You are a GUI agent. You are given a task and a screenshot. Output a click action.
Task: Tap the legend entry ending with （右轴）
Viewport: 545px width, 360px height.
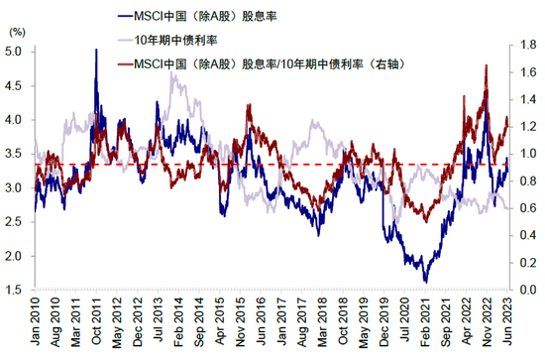254,63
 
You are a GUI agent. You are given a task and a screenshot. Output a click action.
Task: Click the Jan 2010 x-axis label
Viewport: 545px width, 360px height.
36,325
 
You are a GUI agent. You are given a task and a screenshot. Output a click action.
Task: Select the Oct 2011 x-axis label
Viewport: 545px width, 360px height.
96,325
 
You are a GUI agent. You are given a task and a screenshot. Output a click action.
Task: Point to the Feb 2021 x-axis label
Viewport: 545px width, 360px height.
426,325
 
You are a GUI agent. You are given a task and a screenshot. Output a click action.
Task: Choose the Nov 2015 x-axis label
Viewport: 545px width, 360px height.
244,325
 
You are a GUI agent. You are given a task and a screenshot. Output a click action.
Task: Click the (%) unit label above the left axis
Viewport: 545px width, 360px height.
18,33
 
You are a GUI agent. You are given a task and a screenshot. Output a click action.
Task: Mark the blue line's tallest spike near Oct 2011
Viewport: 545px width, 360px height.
96,51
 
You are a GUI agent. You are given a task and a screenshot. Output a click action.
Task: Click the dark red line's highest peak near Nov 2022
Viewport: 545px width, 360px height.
487,65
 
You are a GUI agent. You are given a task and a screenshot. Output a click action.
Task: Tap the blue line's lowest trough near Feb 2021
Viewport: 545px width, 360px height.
426,282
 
